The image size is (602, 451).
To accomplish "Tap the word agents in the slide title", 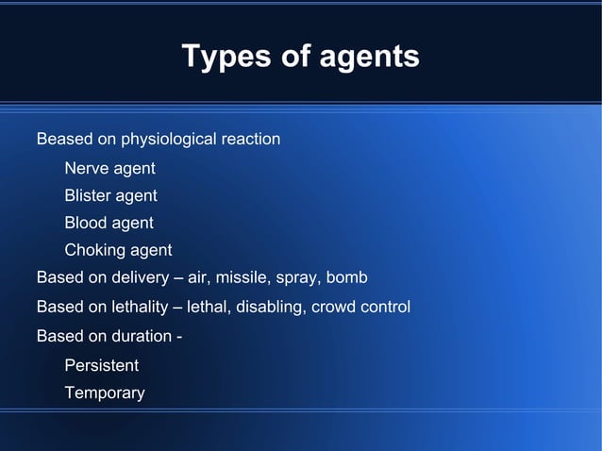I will [362, 58].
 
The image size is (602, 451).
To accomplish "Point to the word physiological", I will [167, 140].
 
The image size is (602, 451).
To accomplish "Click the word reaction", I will [250, 140].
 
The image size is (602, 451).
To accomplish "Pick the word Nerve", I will [86, 169].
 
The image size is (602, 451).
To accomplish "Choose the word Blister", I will [88, 196].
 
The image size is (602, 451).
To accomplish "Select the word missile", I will [243, 278].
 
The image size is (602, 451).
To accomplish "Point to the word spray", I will [297, 279].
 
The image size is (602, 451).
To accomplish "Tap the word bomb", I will [346, 278].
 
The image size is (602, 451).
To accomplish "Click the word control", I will [386, 307].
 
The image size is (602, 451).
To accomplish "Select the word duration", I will [142, 336].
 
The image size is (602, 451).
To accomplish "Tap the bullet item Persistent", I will [101, 365].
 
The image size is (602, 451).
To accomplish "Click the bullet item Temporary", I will [104, 393].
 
